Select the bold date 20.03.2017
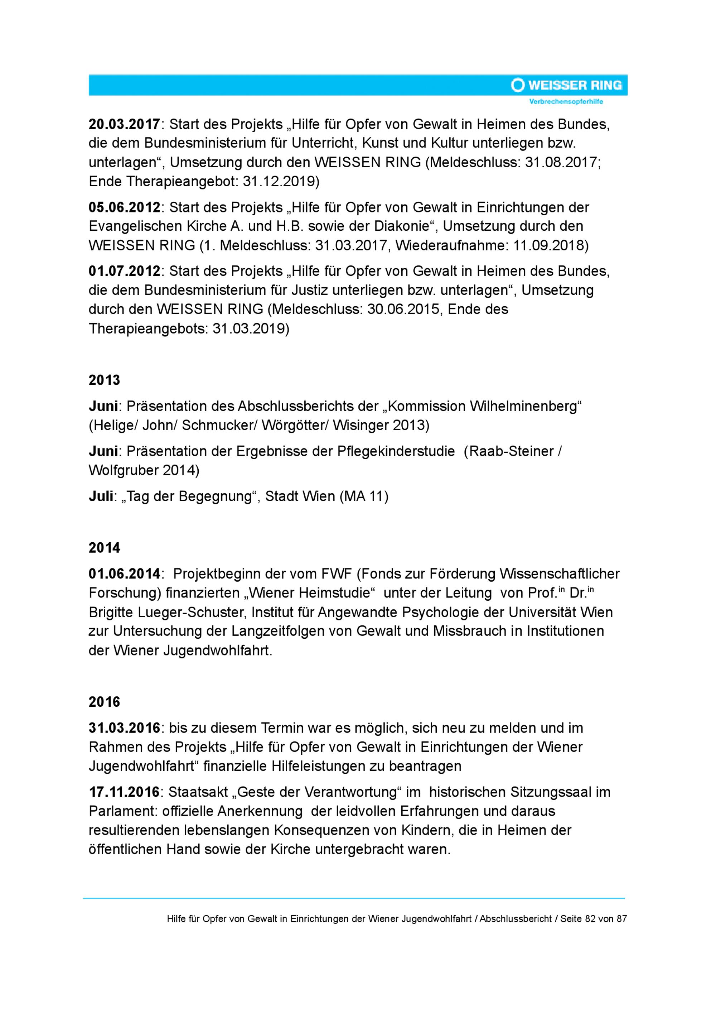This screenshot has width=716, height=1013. coord(124,124)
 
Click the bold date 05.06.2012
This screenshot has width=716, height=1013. coord(124,207)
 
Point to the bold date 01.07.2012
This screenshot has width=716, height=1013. coord(124,271)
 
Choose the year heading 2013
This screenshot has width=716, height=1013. coord(104,380)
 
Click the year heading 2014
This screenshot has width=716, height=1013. coord(104,548)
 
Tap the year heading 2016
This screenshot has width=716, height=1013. coord(104,702)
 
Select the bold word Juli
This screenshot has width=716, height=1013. coord(101,496)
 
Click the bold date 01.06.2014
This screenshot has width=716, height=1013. coord(124,573)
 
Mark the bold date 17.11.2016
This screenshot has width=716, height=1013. coord(124,792)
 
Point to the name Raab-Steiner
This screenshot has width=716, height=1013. coord(512,451)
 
